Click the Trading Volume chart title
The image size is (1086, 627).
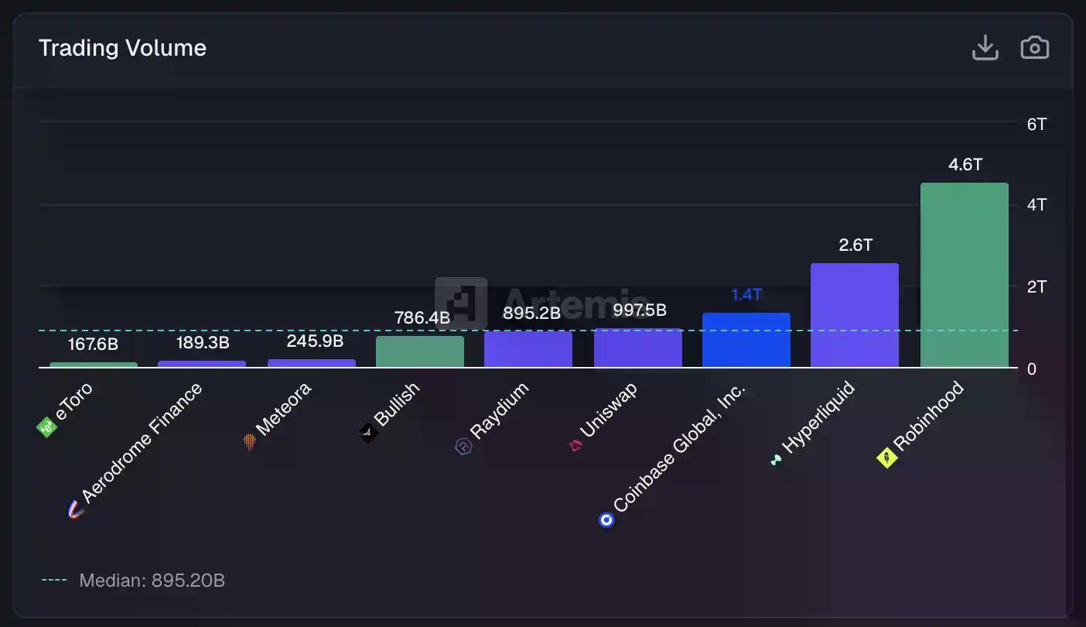point(122,48)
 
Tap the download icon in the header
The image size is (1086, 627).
point(985,48)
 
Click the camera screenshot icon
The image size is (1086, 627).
point(1034,48)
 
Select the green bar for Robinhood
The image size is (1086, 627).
point(964,275)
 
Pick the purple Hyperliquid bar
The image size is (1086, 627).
point(854,315)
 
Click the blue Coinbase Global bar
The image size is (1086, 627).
point(746,340)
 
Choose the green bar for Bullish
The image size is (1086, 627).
point(419,351)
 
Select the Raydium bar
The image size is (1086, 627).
point(528,349)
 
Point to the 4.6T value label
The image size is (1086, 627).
point(965,165)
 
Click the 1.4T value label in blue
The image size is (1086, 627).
point(746,295)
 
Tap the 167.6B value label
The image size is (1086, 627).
point(93,344)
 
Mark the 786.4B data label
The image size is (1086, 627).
point(422,317)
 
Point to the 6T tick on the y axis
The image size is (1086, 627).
point(1036,124)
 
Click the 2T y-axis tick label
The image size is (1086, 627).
point(1036,287)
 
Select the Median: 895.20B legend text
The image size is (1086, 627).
point(152,581)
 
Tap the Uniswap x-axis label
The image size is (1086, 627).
point(608,411)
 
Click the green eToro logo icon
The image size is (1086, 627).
point(47,427)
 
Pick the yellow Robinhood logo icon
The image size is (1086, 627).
point(886,458)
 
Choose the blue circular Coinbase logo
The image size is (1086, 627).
point(606,519)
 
